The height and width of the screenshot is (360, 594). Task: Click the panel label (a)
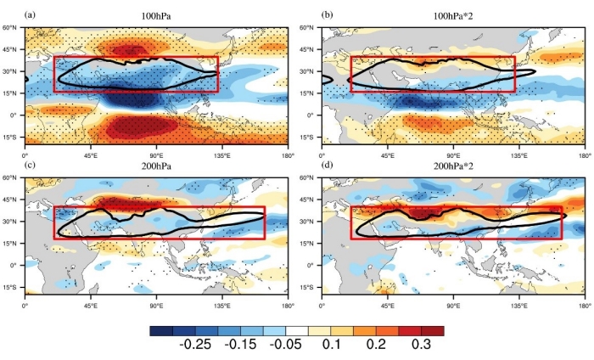coord(31,15)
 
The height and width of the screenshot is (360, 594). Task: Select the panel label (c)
coord(31,166)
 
